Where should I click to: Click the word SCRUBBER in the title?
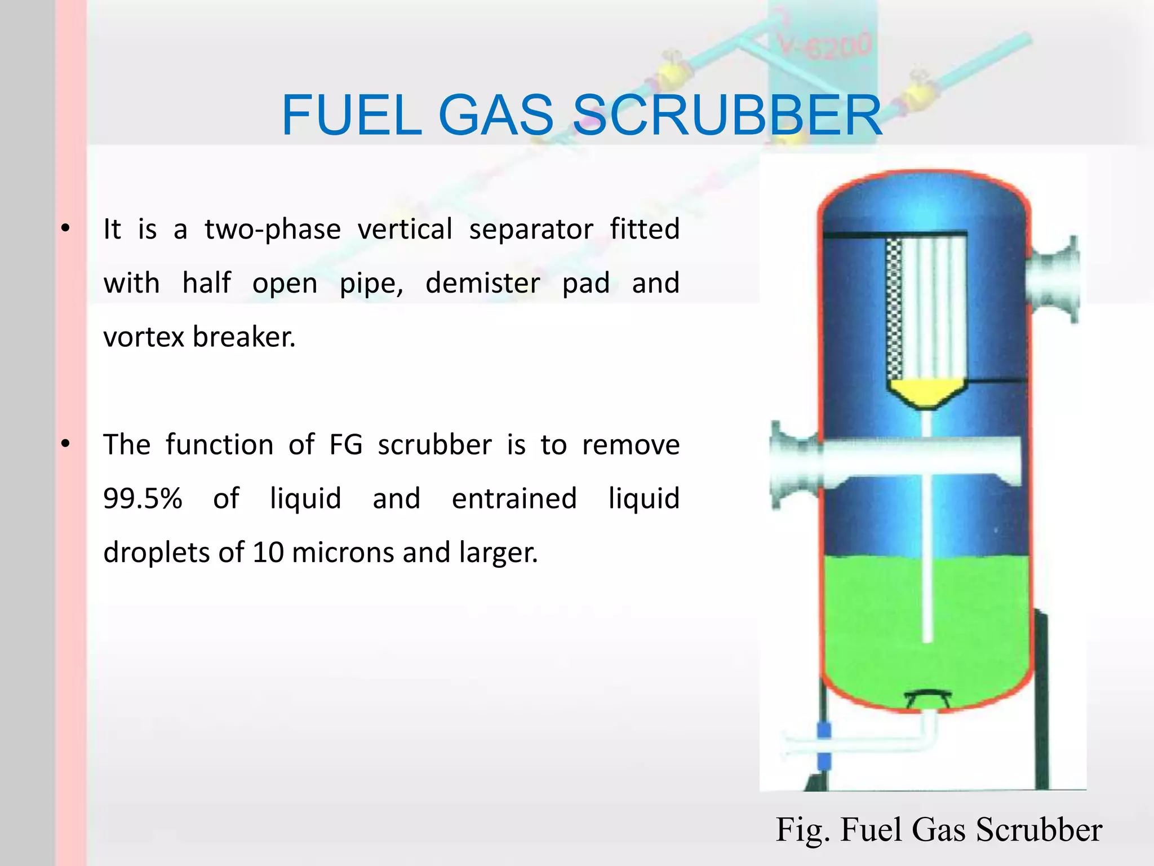point(727,116)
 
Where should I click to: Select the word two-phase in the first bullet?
point(273,229)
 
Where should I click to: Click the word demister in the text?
point(482,283)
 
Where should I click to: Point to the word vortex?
point(144,337)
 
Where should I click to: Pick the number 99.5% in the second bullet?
point(143,498)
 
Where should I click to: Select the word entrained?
point(514,498)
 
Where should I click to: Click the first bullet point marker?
point(66,229)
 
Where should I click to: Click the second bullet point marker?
point(66,444)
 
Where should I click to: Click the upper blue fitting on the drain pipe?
point(824,731)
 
